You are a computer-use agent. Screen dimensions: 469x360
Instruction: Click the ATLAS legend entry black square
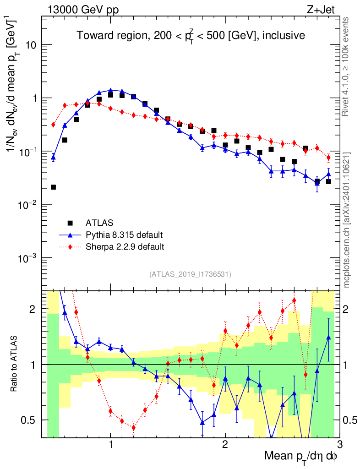coord(70,223)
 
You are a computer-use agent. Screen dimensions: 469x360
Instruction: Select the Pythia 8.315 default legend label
coord(124,235)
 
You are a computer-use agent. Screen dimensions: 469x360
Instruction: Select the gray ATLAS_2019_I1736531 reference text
coord(190,274)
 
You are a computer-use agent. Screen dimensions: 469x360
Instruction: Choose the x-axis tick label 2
coord(225,445)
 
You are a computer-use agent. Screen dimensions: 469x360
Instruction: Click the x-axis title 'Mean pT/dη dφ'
coord(301,456)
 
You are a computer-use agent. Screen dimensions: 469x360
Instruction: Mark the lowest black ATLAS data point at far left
coord(53,187)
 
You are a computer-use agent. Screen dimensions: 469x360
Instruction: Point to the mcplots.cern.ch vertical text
coord(347,220)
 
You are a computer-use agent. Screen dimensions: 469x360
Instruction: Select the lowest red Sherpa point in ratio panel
coord(133,428)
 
